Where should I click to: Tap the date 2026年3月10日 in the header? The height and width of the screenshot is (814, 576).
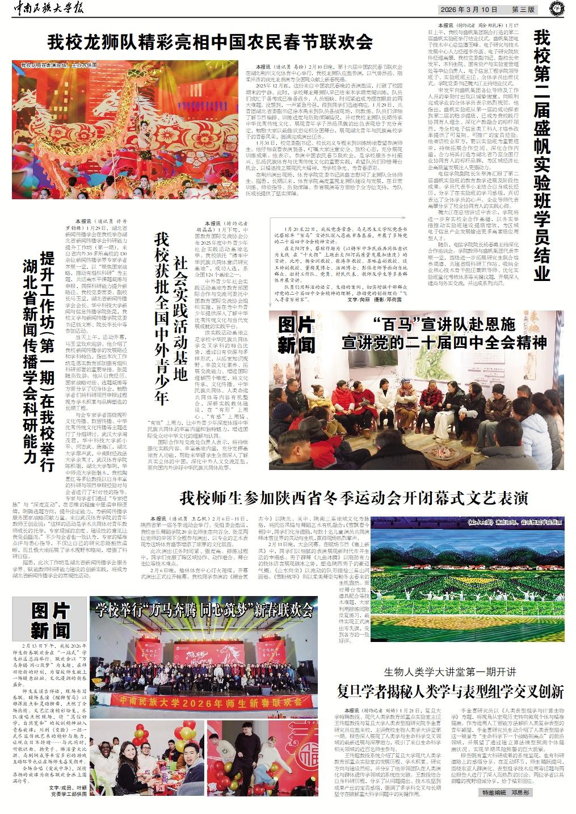click(470, 10)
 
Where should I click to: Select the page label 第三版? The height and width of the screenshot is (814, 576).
click(523, 10)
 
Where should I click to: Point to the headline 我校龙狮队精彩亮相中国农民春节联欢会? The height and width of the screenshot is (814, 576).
click(209, 42)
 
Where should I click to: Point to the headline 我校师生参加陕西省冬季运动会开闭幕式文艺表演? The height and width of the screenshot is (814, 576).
click(354, 499)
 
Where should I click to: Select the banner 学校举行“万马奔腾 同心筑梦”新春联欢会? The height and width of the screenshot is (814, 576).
click(204, 610)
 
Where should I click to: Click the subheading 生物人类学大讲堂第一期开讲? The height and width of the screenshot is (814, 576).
click(451, 672)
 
